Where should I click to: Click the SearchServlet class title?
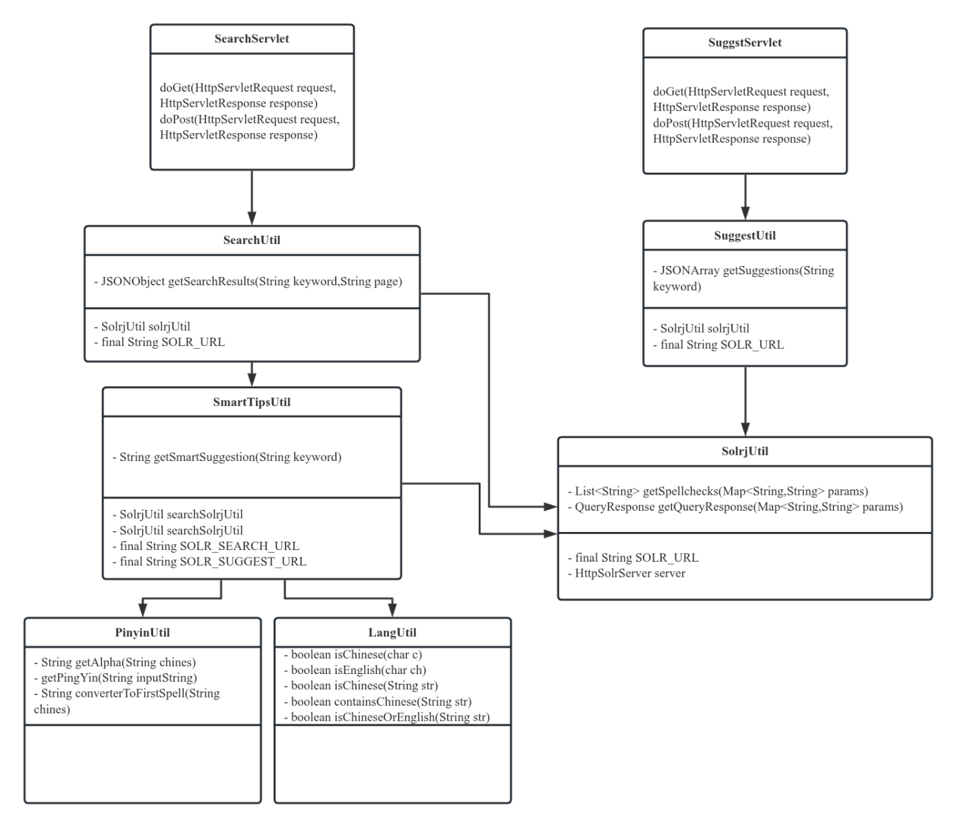(x=252, y=39)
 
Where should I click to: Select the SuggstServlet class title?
(x=745, y=43)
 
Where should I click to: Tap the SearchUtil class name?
(x=252, y=241)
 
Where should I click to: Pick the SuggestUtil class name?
(x=745, y=236)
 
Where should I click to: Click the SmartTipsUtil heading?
(x=252, y=402)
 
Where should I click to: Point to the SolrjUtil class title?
(x=745, y=451)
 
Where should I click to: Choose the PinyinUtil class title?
(x=143, y=633)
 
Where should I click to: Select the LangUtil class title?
(x=392, y=633)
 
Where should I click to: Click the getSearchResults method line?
(x=248, y=282)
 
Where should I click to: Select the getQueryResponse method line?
(x=739, y=507)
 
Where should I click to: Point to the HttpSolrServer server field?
(x=630, y=573)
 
